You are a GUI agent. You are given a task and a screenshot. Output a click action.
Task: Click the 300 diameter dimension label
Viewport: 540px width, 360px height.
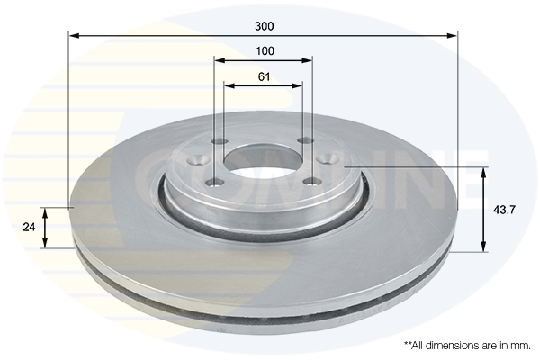(265, 26)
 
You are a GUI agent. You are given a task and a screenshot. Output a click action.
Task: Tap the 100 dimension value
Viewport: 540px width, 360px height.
(265, 51)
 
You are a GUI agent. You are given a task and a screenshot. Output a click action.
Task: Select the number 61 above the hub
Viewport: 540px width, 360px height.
(264, 76)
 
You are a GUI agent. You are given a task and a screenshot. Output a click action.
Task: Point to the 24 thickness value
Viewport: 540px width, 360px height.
(29, 228)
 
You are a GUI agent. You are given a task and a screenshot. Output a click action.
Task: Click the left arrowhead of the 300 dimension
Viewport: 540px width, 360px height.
(75, 35)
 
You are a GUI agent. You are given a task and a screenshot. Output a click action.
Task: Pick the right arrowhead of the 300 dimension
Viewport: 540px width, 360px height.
(452, 35)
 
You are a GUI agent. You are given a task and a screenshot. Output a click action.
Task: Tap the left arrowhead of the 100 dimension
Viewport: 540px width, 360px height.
(220, 60)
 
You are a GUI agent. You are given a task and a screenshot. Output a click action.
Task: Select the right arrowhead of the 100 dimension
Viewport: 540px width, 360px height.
(307, 60)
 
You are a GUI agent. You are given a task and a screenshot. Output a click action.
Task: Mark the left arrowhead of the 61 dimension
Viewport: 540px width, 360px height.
(229, 85)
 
